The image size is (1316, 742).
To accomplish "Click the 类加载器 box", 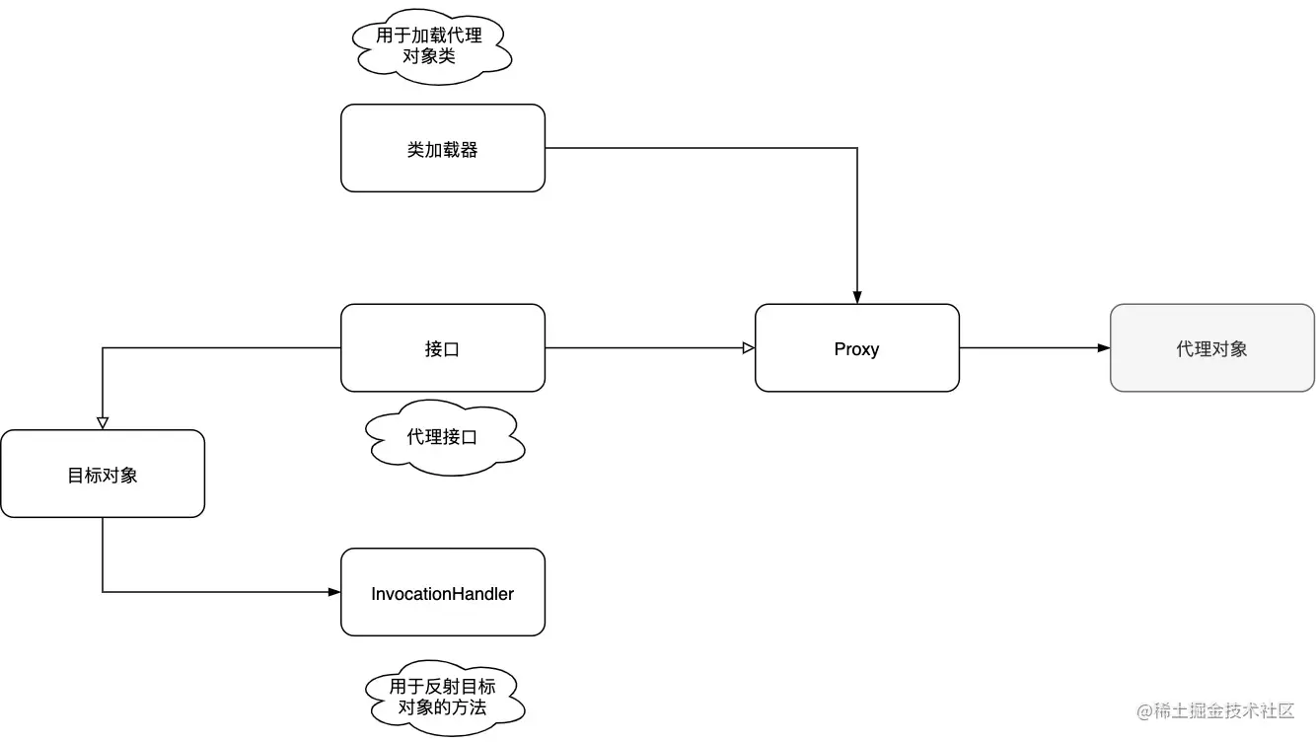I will (x=442, y=148).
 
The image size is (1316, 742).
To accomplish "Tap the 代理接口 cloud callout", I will (x=443, y=436).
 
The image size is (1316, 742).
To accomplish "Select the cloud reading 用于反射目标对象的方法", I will (x=443, y=699).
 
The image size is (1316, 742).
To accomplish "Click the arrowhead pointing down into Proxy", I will (x=857, y=297).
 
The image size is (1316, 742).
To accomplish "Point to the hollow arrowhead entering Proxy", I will (x=749, y=347).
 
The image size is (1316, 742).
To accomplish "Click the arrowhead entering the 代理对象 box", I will (x=1104, y=347).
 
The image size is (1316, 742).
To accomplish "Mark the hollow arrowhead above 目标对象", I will (x=103, y=422).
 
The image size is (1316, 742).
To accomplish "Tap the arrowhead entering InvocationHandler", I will (x=334, y=592).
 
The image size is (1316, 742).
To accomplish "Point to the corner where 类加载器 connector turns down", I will (x=857, y=148).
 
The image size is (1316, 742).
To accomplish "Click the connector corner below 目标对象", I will (x=103, y=592).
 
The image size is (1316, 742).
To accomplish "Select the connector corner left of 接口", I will (x=103, y=347).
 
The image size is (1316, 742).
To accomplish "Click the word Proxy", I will (x=856, y=349).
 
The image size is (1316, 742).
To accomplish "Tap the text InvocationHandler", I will (x=442, y=594).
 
